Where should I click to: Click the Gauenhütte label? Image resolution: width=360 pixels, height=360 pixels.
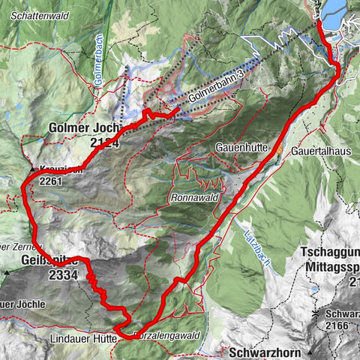241,148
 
